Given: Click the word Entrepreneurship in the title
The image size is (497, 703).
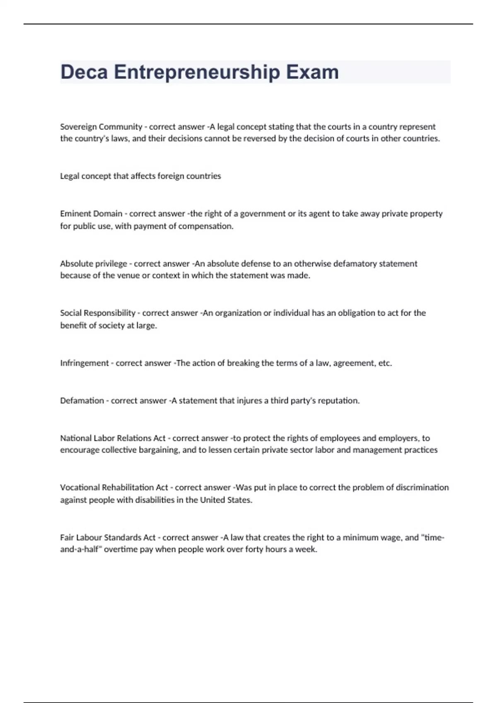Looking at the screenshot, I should pos(197,72).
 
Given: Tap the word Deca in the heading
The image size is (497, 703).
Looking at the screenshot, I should pos(84,72).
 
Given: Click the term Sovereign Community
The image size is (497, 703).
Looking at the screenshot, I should pos(101,127).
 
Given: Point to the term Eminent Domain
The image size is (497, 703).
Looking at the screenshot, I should pos(91,214).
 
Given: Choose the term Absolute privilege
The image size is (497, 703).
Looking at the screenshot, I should pos(94,264).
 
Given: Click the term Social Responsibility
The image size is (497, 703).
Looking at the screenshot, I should pos(98,313).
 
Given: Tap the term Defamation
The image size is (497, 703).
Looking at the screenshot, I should pos(82,401).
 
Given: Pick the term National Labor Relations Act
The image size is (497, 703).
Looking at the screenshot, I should pos(113,438).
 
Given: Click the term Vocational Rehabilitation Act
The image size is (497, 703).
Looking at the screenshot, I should pos(114,488).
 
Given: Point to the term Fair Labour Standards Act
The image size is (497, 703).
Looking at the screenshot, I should pos(108,538).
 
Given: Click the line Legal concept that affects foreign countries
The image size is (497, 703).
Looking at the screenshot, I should pos(140,176).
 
